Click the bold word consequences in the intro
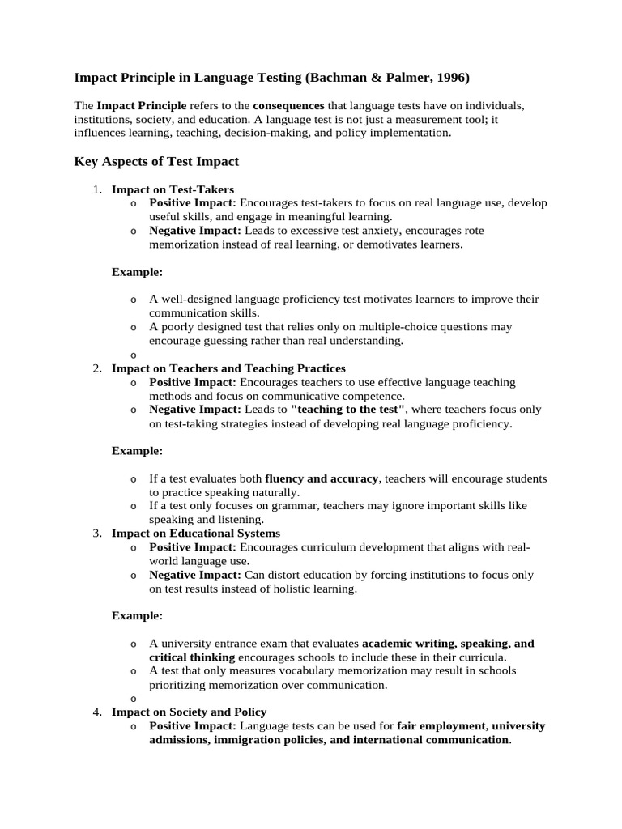288,106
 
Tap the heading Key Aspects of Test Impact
156,161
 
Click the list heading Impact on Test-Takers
173,189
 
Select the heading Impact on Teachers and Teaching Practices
228,368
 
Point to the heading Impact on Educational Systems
196,534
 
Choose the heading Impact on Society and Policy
189,712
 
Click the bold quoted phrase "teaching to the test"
348,410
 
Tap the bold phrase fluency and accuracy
322,478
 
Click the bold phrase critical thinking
192,657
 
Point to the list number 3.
96,534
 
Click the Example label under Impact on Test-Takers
137,271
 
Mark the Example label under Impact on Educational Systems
137,615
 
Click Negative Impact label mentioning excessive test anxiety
195,231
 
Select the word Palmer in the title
405,78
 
